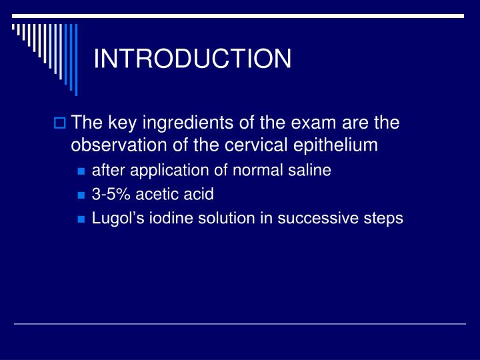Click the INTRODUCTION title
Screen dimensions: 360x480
point(192,59)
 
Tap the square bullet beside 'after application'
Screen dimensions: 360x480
point(81,171)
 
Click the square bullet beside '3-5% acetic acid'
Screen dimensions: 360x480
point(81,195)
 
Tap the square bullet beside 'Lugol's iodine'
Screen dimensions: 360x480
point(81,219)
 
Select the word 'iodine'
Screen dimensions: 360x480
point(163,219)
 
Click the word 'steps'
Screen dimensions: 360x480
point(384,219)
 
